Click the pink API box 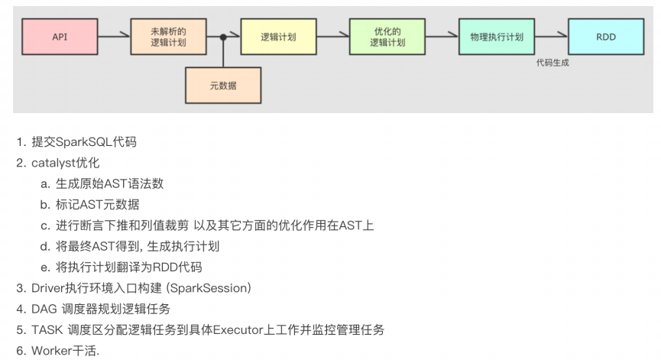(x=60, y=36)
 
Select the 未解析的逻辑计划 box (x=169, y=36)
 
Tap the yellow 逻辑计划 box (x=278, y=36)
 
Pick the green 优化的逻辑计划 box (x=387, y=36)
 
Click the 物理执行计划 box (x=497, y=36)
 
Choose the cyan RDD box (x=606, y=36)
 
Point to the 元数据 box (x=223, y=86)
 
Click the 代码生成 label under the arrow (x=552, y=63)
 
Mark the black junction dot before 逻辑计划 (x=223, y=36)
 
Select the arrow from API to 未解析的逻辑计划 (x=114, y=36)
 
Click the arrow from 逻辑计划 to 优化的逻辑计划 (x=332, y=36)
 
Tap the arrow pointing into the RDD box (x=552, y=36)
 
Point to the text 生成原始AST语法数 (x=109, y=184)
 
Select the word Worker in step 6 (x=50, y=351)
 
